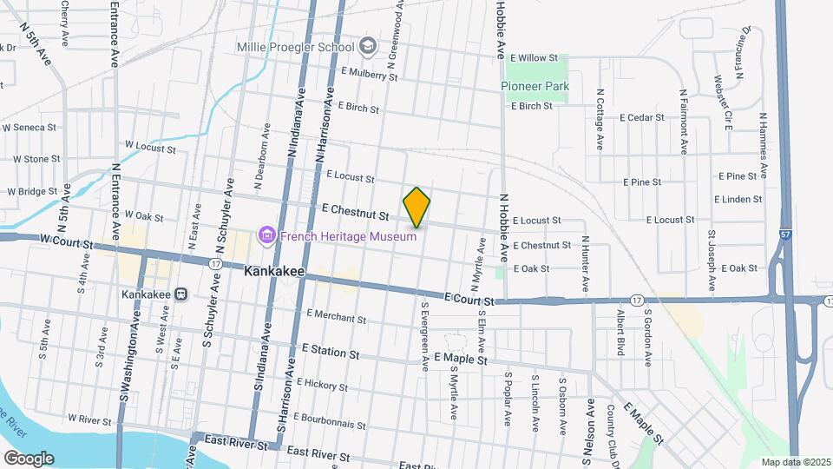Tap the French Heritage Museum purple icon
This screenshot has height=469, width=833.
tap(266, 234)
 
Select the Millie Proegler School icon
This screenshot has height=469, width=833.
tap(368, 46)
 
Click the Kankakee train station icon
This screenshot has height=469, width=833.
tap(181, 294)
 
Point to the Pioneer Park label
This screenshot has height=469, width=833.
tap(535, 86)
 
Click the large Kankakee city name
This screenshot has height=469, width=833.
tap(274, 272)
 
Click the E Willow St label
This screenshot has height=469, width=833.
tap(534, 57)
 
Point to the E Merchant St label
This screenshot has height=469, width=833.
tap(335, 316)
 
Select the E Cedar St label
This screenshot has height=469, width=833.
tap(641, 117)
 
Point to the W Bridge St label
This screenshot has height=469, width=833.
tap(31, 191)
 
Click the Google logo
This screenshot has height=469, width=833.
tap(28, 459)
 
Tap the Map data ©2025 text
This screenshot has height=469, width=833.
tap(795, 462)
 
